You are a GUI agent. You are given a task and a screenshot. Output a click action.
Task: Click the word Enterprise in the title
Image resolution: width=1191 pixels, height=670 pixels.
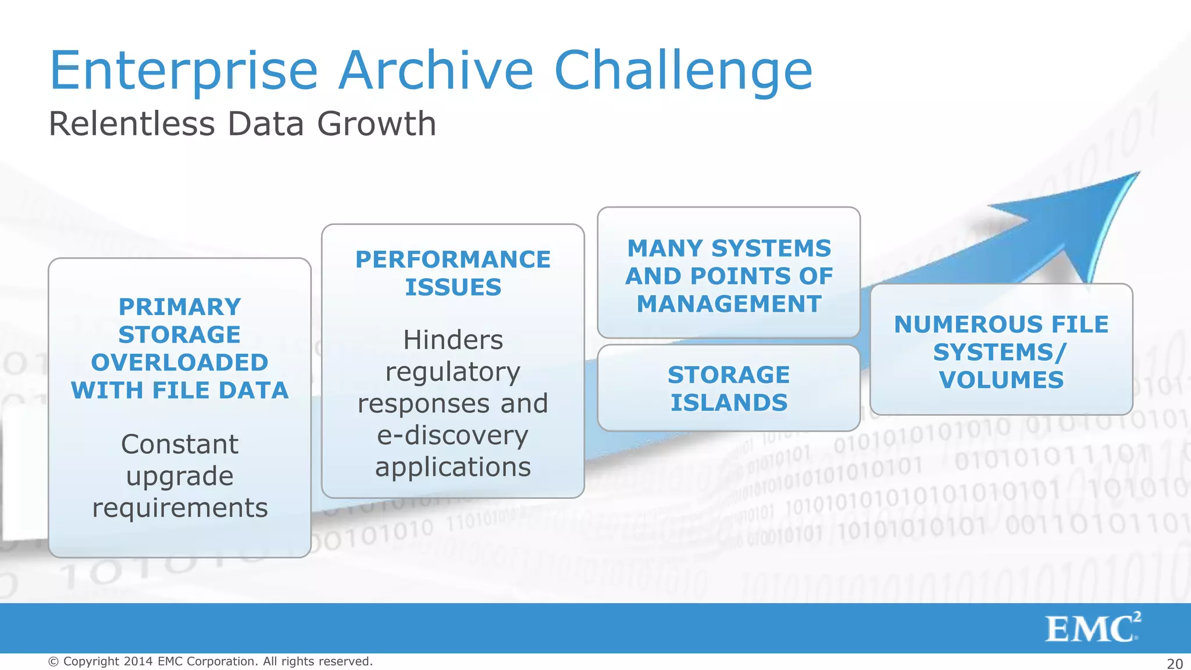pyautogui.click(x=183, y=71)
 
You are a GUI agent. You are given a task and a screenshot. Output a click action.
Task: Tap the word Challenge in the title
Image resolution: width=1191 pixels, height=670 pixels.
pyautogui.click(x=683, y=71)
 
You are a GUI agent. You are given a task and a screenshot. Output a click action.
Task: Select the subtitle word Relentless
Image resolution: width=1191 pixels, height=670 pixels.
pyautogui.click(x=132, y=124)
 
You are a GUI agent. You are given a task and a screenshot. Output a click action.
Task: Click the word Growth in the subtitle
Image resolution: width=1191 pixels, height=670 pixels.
pyautogui.click(x=376, y=124)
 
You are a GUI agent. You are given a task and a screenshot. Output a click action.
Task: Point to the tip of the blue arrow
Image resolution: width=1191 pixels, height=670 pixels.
pyautogui.click(x=1137, y=173)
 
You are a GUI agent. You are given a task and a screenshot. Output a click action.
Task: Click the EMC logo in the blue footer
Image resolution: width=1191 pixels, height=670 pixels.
pyautogui.click(x=1092, y=628)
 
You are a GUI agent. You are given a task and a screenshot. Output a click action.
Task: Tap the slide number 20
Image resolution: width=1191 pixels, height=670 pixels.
pyautogui.click(x=1175, y=664)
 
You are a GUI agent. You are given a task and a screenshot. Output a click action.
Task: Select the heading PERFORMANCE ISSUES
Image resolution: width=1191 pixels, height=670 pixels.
pyautogui.click(x=452, y=273)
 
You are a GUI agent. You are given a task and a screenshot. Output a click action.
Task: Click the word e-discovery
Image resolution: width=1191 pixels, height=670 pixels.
pyautogui.click(x=452, y=435)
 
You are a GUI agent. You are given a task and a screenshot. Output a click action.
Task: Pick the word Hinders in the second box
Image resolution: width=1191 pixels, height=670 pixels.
pyautogui.click(x=452, y=340)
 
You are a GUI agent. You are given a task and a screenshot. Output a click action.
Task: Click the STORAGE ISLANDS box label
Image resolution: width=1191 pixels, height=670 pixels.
pyautogui.click(x=728, y=389)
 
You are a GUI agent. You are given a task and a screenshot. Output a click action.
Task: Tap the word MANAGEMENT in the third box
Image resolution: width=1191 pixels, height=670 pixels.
pyautogui.click(x=729, y=304)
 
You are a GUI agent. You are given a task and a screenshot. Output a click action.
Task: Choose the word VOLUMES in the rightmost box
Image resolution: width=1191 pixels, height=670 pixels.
pyautogui.click(x=1001, y=380)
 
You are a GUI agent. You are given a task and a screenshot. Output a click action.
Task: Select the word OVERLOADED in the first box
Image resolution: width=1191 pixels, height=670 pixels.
pyautogui.click(x=179, y=362)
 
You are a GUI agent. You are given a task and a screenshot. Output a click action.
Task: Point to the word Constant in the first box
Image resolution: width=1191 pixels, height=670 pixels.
pyautogui.click(x=179, y=444)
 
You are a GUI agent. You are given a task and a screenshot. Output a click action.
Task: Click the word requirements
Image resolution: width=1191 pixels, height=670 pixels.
pyautogui.click(x=180, y=508)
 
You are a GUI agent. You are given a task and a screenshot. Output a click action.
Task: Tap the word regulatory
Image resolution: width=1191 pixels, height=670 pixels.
pyautogui.click(x=452, y=372)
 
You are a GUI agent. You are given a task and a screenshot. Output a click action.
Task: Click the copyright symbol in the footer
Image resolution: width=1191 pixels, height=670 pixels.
pyautogui.click(x=54, y=661)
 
